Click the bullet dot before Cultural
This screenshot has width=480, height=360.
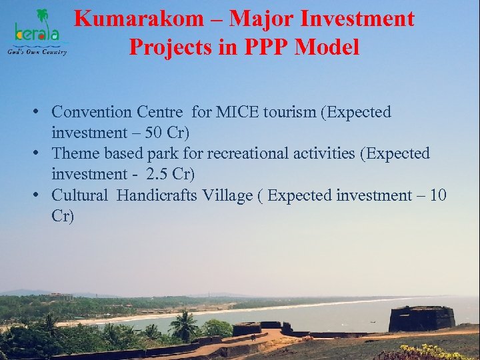click(x=41, y=195)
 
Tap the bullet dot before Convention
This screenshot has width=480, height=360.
click(x=41, y=112)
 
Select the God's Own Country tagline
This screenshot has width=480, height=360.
click(x=37, y=51)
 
